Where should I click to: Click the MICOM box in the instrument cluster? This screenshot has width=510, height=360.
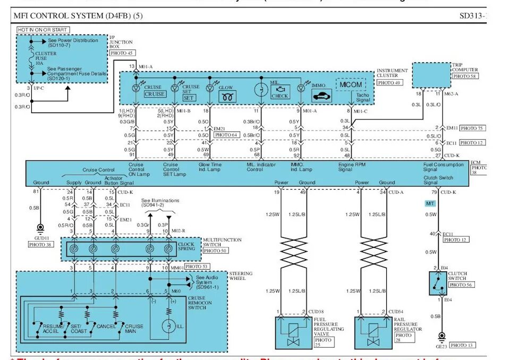(351, 84)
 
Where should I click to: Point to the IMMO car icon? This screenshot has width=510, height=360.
(322, 96)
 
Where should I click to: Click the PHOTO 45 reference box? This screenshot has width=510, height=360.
(122, 53)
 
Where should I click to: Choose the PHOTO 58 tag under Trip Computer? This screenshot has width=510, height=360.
(464, 76)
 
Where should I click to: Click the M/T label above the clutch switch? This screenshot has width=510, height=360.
(431, 203)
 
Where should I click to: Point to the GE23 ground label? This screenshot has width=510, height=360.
(441, 345)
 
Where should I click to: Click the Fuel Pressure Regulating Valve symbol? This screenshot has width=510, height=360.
(294, 332)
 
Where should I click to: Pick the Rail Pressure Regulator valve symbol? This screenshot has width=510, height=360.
(373, 332)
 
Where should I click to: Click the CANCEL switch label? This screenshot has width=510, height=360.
(106, 327)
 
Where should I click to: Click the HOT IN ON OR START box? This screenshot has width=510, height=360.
(42, 30)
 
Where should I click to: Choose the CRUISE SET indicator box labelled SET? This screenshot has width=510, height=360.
(189, 98)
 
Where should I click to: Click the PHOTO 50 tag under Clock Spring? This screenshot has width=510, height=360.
(215, 250)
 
